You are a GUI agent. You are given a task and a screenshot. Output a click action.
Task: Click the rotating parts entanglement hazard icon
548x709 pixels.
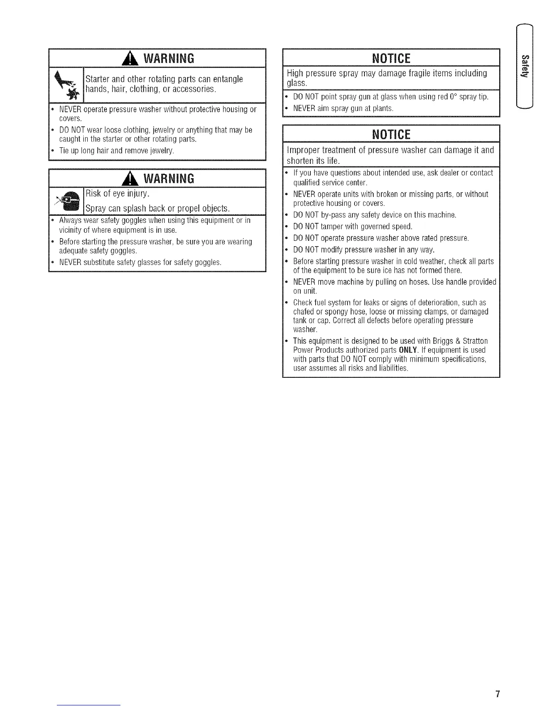(66, 85)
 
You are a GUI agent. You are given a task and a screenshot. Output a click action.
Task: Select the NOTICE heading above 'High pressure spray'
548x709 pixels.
(391, 59)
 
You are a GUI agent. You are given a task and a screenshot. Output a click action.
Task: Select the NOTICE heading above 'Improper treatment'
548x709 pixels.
(391, 134)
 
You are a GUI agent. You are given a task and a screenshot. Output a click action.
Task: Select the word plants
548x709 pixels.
(383, 108)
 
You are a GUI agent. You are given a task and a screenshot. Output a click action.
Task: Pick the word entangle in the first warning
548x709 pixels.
(228, 79)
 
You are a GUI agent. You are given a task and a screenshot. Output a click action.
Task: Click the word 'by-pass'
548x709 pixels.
(321, 215)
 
